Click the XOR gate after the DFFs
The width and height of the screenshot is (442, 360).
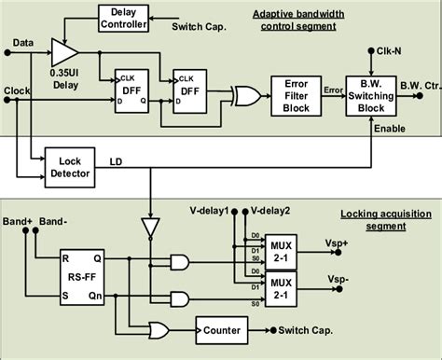pyautogui.click(x=246, y=95)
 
